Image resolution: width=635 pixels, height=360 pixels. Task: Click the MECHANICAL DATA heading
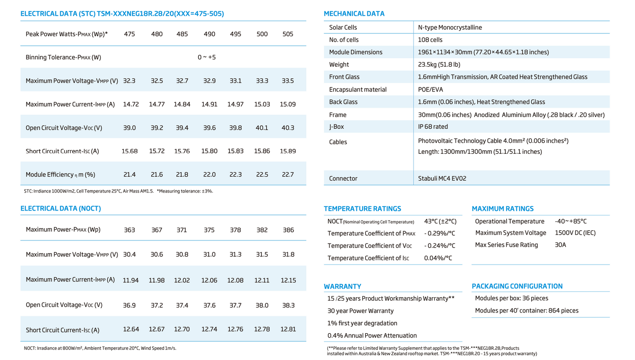coord(354,14)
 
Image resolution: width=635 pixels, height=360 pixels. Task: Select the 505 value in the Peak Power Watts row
coord(287,34)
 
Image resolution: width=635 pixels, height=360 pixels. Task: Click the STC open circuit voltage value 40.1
coord(262,128)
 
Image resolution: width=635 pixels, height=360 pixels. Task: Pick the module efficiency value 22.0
coord(209,175)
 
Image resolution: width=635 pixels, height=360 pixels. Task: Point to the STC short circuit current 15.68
coord(130,151)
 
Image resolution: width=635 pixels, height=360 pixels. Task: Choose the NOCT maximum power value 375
coord(209,230)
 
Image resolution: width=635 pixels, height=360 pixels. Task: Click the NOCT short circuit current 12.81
coord(288,330)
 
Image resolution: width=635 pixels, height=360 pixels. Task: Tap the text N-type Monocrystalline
coord(450,27)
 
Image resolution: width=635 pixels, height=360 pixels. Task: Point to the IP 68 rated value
coord(433,127)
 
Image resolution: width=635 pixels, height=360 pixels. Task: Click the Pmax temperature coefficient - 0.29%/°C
coord(439,233)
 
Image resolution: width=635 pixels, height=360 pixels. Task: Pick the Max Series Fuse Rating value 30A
coord(561,245)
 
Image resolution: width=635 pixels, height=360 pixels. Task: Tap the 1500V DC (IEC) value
coord(575,233)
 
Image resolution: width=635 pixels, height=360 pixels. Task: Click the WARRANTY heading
coord(342,287)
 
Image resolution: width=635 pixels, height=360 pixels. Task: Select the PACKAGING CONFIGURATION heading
coord(517,286)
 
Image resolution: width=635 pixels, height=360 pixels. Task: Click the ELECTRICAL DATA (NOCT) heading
coord(61,208)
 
